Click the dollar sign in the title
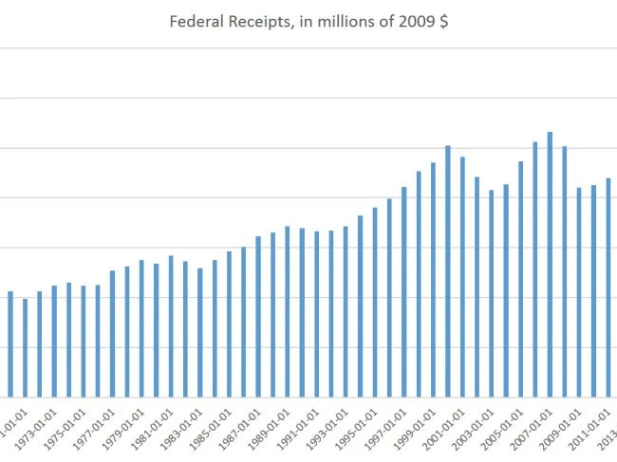444,21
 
